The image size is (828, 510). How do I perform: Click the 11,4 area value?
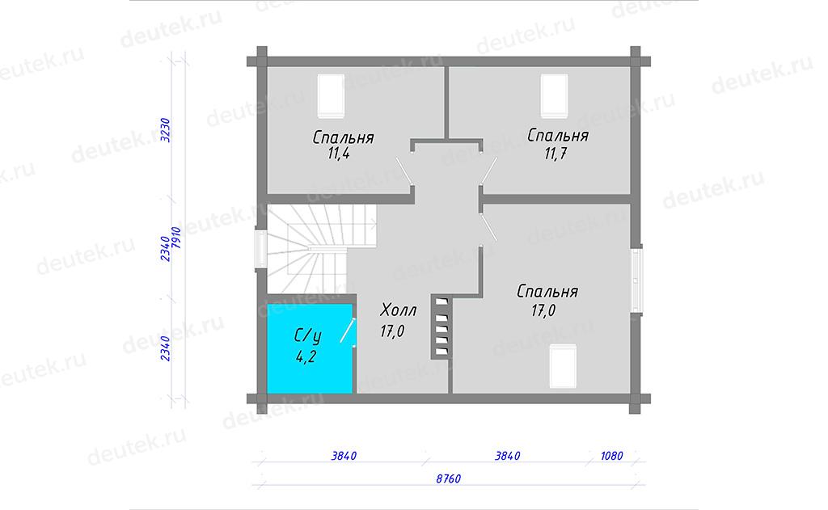339,154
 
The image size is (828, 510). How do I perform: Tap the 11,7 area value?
556,154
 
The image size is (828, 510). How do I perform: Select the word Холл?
399,310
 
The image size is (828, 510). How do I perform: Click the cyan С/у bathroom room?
310,348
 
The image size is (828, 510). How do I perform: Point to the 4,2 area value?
306,357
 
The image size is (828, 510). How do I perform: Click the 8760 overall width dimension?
448,478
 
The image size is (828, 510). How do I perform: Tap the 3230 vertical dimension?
165,130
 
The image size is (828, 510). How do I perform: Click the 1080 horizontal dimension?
611,456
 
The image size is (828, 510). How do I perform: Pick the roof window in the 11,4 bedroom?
331,96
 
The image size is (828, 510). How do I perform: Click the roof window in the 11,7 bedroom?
554,96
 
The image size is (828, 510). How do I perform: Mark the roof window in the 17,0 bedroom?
563,366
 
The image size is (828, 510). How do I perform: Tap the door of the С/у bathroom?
348,331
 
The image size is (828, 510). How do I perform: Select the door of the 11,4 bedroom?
404,171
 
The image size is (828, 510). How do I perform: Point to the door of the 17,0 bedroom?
489,228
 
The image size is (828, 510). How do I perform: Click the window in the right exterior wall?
637,280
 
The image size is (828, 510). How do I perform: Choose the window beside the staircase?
261,249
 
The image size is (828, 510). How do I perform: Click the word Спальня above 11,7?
558,136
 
